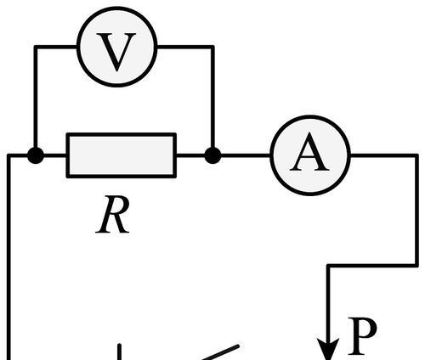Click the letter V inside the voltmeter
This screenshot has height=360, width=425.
click(116, 52)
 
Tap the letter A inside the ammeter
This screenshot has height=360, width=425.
click(309, 152)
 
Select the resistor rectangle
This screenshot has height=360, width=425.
click(122, 155)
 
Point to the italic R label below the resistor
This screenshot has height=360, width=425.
click(113, 215)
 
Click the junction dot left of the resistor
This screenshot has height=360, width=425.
click(36, 155)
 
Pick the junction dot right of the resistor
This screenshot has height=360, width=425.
click(212, 155)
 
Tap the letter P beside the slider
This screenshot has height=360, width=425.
click(362, 336)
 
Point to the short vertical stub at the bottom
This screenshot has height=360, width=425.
click(120, 352)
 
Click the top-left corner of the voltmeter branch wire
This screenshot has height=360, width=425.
click(36, 47)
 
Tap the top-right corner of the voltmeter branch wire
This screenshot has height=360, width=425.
click(212, 47)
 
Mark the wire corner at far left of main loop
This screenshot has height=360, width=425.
click(9, 155)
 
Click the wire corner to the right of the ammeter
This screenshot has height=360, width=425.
click(416, 155)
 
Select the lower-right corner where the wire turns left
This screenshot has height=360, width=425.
click(416, 265)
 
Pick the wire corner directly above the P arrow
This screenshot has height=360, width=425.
click(328, 265)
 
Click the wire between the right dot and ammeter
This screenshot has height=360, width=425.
click(246, 155)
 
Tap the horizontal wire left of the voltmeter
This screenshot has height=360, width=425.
click(56, 47)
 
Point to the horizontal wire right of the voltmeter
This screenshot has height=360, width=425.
click(185, 47)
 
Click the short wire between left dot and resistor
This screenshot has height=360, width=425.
click(55, 155)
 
